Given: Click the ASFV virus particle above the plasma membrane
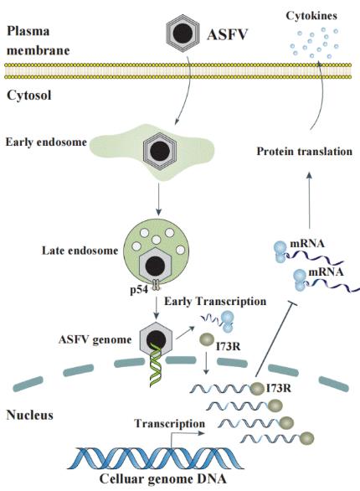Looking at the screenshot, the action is [183, 33].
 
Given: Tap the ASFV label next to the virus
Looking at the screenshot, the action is [228, 34].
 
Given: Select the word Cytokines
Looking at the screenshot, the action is [311, 16].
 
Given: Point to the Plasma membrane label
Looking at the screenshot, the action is [38, 40].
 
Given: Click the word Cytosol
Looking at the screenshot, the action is [28, 95].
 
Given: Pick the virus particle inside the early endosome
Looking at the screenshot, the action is [160, 151].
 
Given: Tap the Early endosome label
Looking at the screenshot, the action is [46, 142].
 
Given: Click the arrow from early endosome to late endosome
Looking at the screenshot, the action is [158, 199].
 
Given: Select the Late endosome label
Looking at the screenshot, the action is [80, 251].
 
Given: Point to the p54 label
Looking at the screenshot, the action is [139, 290].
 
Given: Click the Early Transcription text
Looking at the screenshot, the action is [215, 302].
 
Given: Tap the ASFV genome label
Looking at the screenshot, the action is [95, 339].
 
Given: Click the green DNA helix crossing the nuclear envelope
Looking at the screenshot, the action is [156, 364].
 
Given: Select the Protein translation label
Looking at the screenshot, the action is [305, 152].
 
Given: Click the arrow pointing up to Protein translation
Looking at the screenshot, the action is [309, 200].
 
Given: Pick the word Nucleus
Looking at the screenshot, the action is [29, 415].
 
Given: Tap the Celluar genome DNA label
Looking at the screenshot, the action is [162, 478].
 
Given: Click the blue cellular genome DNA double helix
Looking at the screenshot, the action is [159, 458].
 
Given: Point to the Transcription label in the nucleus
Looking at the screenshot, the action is [169, 423].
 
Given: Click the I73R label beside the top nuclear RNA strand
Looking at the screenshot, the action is [278, 388].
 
